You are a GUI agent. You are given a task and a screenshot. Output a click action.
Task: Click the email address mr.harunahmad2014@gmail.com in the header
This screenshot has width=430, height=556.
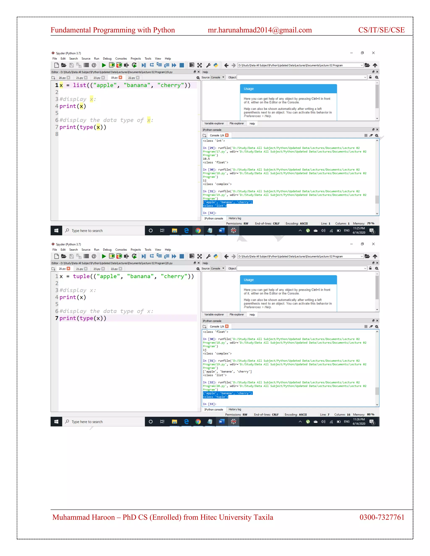(x=260, y=30)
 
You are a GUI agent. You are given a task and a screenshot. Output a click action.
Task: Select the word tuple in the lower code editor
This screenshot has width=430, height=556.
(x=81, y=276)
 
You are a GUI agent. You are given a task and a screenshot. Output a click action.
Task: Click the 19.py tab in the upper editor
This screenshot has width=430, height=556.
(x=114, y=78)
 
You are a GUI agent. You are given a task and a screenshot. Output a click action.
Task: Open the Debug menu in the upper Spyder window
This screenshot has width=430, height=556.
(x=107, y=59)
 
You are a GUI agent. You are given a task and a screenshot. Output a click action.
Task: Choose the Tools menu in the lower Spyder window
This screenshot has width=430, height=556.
(x=148, y=250)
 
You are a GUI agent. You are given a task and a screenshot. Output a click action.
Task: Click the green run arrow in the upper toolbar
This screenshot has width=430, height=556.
(x=104, y=65)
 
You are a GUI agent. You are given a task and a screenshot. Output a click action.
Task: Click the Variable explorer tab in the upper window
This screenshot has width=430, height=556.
(x=214, y=123)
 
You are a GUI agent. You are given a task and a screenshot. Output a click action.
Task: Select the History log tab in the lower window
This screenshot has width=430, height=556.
(x=235, y=409)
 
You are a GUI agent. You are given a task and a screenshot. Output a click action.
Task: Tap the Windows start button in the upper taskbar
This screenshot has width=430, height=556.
(x=56, y=231)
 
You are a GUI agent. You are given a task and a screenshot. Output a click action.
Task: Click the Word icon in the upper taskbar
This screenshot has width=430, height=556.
(x=221, y=231)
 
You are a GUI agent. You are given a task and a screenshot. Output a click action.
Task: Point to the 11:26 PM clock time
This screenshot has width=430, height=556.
(x=359, y=419)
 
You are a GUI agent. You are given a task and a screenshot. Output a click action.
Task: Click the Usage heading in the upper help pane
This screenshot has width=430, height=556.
(x=249, y=89)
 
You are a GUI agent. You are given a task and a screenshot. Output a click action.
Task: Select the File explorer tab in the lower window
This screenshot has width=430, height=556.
(x=236, y=315)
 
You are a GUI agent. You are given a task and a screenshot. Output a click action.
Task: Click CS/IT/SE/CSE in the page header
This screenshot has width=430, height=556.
(x=381, y=30)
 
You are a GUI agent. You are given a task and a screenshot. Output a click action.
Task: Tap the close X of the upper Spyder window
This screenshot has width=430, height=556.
(x=373, y=53)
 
